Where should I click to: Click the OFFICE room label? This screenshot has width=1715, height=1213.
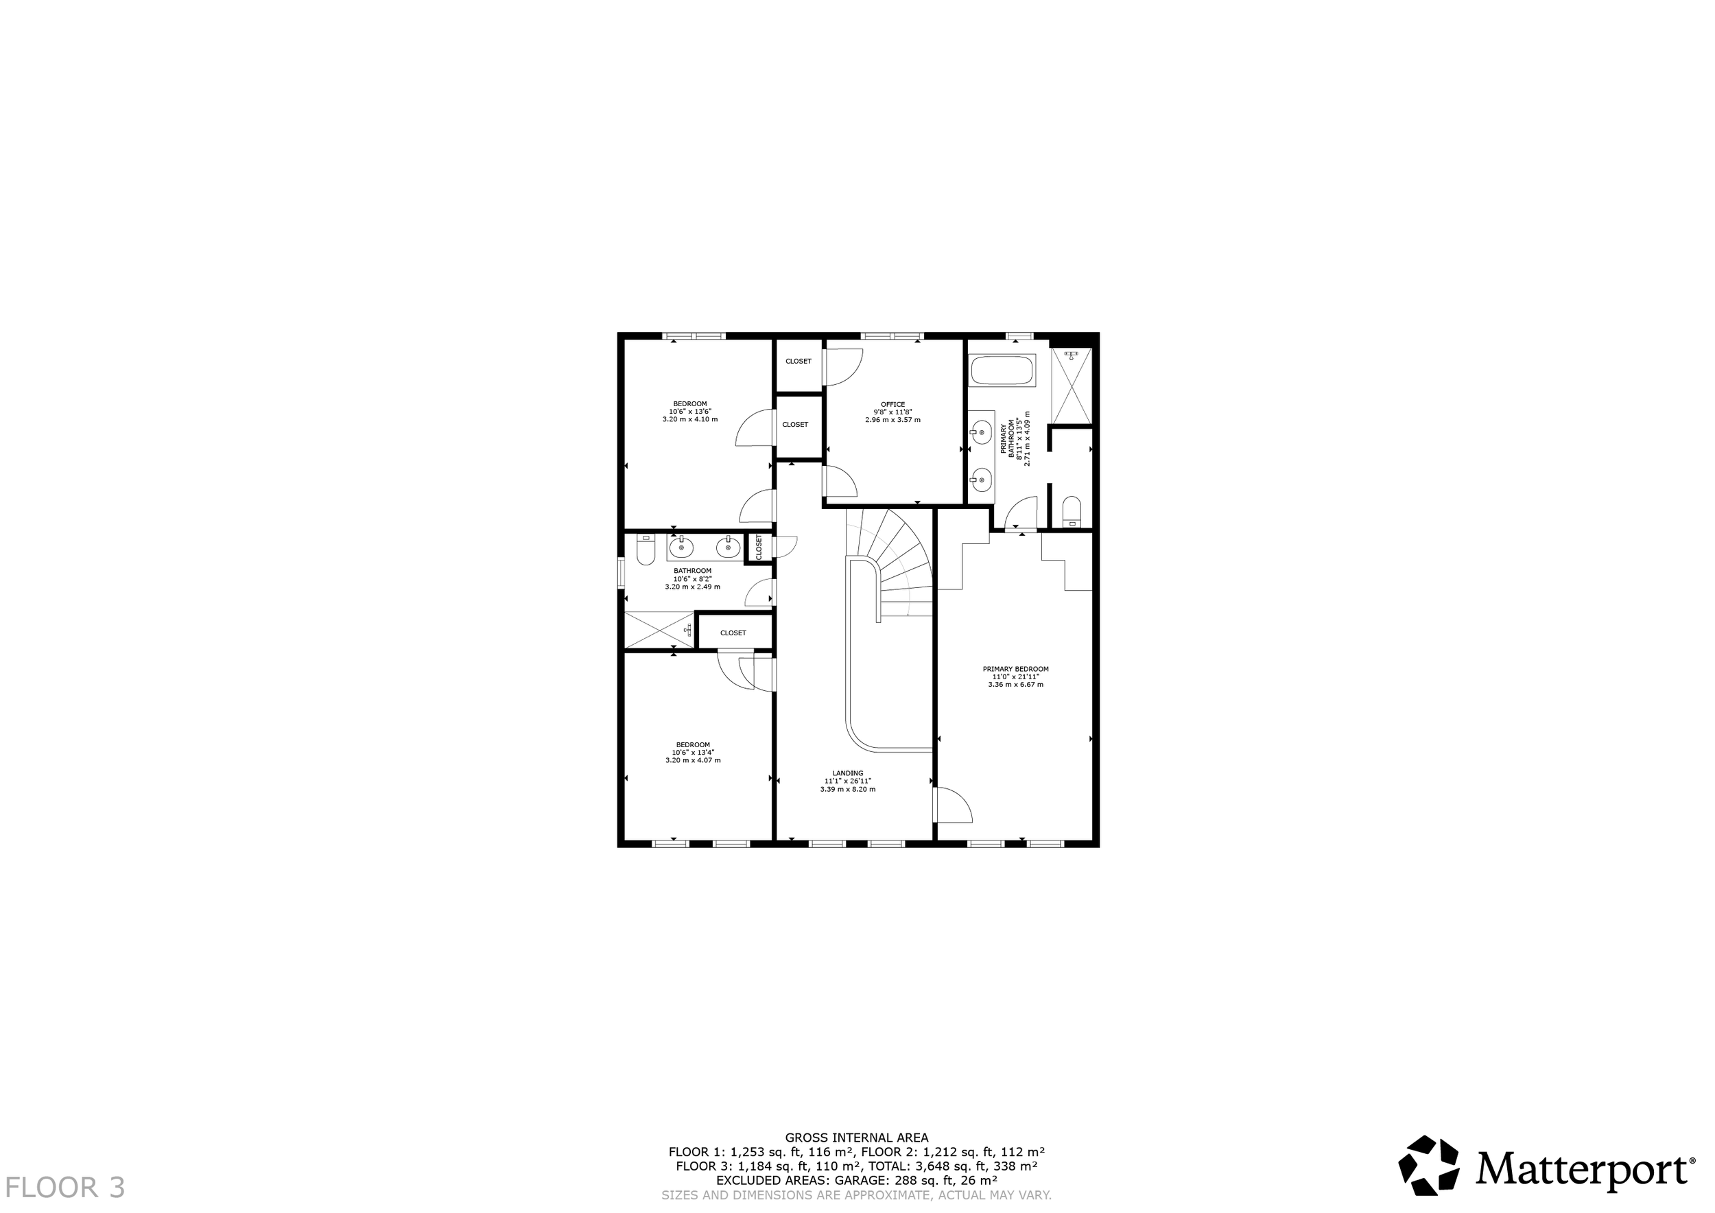[892, 405]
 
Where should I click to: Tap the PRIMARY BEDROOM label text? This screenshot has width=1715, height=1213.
[1016, 669]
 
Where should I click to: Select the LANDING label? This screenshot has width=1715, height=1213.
[848, 774]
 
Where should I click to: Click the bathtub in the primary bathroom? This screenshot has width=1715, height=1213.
[1003, 370]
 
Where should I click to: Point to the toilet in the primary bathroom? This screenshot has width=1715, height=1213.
[1072, 511]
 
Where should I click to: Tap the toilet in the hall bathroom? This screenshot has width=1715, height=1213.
[646, 550]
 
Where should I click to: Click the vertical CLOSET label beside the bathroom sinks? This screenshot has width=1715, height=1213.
[759, 547]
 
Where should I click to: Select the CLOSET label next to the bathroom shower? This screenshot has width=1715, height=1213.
[733, 633]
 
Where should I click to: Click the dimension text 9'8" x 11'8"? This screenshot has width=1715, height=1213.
[892, 412]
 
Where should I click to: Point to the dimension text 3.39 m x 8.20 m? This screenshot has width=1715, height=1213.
[848, 789]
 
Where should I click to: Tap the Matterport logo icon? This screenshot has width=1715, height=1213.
[1429, 1166]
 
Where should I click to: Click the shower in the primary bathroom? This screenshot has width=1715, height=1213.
[1071, 386]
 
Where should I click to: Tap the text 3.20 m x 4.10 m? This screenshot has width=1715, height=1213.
[690, 420]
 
